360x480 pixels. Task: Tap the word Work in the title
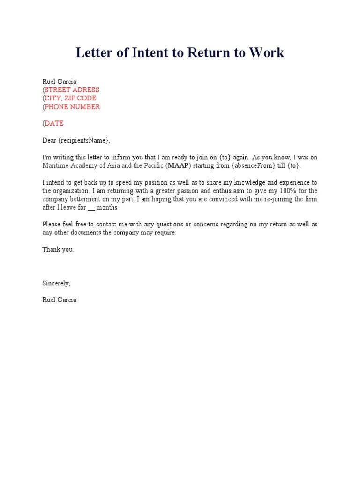(266, 52)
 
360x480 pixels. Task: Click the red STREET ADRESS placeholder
(72, 90)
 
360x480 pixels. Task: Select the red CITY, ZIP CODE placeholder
(70, 98)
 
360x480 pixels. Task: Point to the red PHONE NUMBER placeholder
(72, 106)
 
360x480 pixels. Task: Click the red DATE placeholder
(54, 123)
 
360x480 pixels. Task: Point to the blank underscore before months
(91, 208)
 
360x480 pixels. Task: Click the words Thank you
(58, 249)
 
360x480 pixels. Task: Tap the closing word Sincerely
(56, 283)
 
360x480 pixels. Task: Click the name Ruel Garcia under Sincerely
(59, 300)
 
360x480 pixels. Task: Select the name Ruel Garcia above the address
(59, 81)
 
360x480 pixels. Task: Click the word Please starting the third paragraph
(52, 224)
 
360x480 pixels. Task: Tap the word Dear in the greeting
(49, 140)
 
